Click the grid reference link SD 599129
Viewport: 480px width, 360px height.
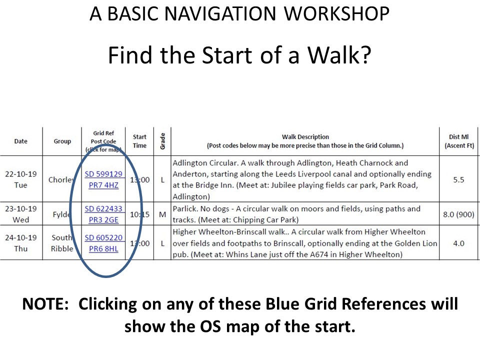(x=103, y=174)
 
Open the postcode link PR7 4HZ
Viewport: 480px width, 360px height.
(x=103, y=185)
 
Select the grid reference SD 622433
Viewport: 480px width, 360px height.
(x=103, y=209)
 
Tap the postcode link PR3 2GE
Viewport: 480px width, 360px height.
(x=103, y=220)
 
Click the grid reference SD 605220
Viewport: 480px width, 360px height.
(x=103, y=237)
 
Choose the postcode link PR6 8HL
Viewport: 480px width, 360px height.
(x=103, y=249)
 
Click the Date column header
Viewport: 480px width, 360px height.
(x=21, y=141)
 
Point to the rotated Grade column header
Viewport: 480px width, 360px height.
(x=162, y=141)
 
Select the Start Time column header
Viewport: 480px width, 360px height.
(x=139, y=141)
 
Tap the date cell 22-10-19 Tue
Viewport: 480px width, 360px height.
(x=21, y=179)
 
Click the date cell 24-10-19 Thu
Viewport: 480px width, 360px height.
(x=21, y=243)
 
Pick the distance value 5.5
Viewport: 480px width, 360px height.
(x=458, y=179)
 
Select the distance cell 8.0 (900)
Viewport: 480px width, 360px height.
(x=458, y=214)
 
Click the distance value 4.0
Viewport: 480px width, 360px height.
(x=458, y=243)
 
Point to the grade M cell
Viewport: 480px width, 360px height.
(x=162, y=214)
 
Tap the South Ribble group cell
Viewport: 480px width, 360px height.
(x=62, y=243)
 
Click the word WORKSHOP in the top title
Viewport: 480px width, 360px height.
(x=336, y=14)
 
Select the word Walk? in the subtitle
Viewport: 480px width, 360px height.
(x=339, y=55)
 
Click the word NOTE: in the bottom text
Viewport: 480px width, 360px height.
(x=45, y=304)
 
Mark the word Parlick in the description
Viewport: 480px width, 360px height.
(x=185, y=209)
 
